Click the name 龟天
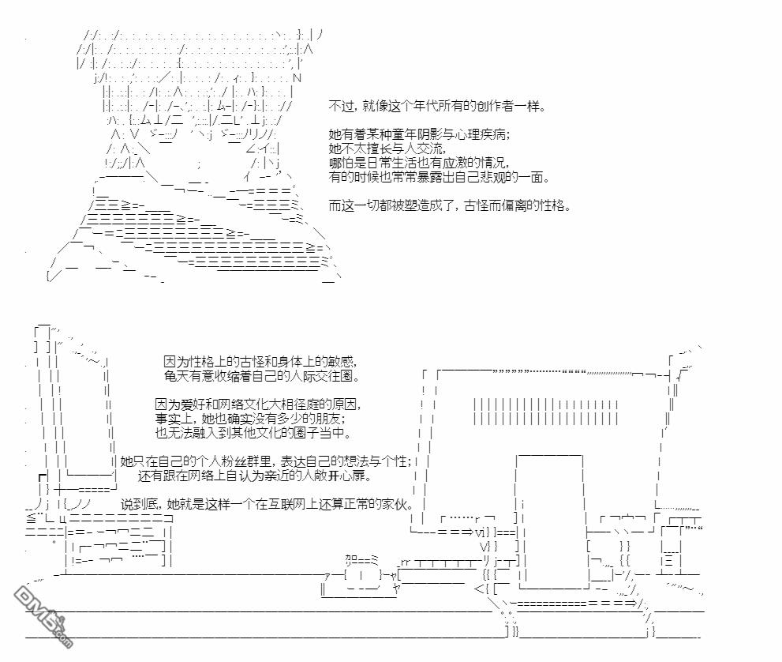click(175, 374)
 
